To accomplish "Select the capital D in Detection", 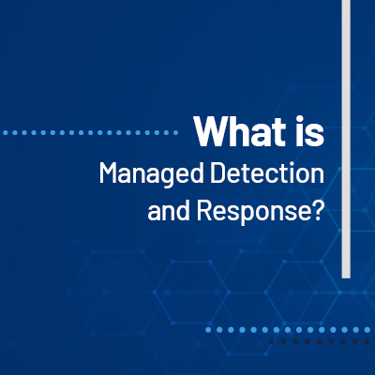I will [x=225, y=174].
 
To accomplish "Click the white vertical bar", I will [x=346, y=141].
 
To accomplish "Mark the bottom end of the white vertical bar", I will [x=346, y=276].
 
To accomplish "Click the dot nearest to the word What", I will [x=179, y=132].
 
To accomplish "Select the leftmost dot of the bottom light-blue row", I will [x=208, y=330].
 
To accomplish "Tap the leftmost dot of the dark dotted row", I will [x=272, y=342].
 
